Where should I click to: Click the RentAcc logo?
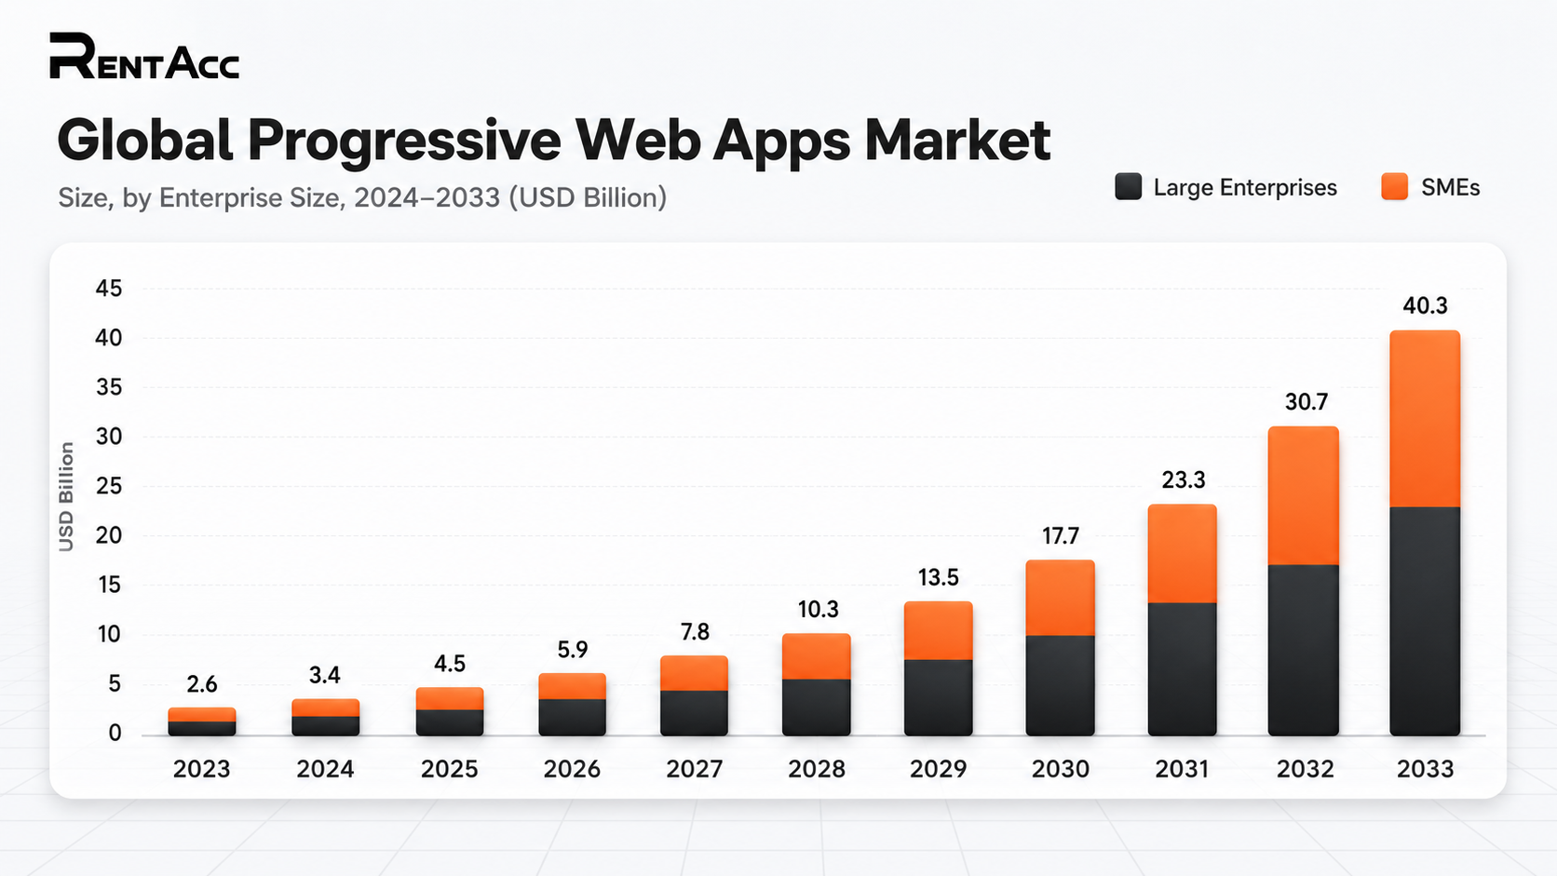144,56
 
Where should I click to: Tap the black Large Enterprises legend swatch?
1128,187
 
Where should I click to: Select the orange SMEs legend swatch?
1394,187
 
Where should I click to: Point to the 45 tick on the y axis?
109,289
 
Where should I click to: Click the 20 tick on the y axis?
109,535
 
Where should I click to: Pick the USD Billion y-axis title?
66,497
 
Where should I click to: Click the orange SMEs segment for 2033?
1425,419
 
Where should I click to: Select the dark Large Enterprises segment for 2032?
1304,650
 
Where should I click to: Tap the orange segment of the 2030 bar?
1060,599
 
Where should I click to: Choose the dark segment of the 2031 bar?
1183,669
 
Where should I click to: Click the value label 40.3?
1425,305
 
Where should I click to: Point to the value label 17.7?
1060,536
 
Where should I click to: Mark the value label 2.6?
201,685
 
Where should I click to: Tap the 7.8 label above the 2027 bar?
695,632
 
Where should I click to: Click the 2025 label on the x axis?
449,770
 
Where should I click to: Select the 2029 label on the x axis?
939,770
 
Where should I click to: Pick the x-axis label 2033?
1425,770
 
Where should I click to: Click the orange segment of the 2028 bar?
816,656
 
